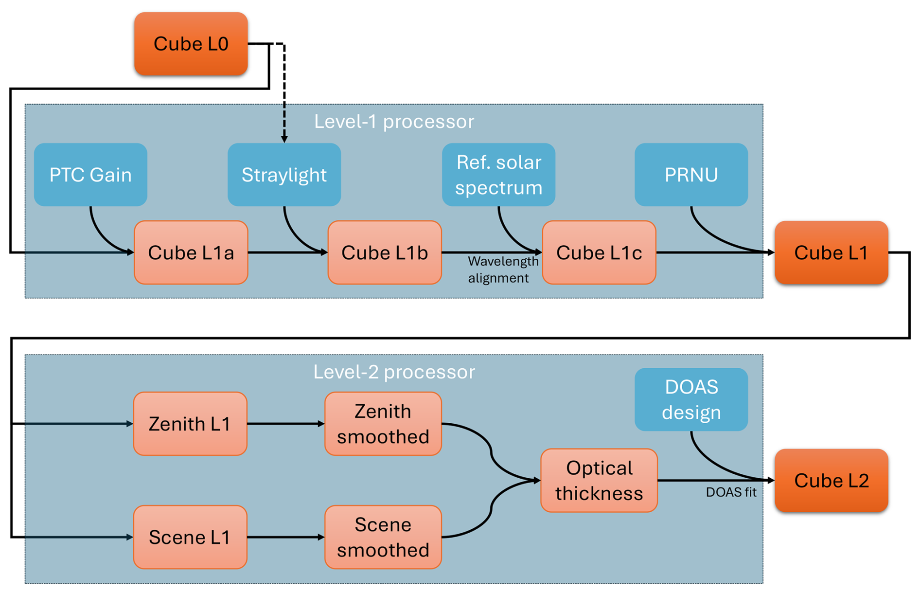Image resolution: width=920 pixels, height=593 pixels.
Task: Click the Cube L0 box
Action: tap(191, 44)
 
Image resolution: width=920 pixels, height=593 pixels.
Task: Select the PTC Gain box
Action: tap(90, 175)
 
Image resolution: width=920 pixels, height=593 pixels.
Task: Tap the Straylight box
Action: tap(284, 175)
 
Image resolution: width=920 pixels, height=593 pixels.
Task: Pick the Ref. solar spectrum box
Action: tap(498, 175)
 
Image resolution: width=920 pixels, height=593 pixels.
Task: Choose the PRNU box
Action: tap(691, 175)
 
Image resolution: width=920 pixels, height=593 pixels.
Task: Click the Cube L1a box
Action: tap(191, 252)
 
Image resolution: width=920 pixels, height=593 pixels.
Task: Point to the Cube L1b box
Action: tap(385, 252)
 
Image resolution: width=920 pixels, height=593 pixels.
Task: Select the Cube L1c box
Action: tap(599, 252)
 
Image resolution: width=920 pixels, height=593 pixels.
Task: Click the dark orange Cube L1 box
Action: tap(831, 252)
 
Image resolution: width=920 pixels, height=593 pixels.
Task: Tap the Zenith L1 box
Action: tap(190, 424)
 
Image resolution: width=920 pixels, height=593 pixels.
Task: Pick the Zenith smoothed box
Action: tap(383, 424)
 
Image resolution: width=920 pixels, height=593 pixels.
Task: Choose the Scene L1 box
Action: tap(190, 537)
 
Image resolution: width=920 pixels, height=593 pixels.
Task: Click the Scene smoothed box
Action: tap(383, 537)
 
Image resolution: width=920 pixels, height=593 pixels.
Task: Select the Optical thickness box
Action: tap(599, 481)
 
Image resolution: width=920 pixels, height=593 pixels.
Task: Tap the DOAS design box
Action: tap(691, 399)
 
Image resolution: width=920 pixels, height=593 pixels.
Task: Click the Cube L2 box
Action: tap(831, 481)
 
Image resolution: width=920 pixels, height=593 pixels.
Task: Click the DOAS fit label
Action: tap(731, 492)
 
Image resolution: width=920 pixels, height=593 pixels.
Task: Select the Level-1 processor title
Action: tap(394, 122)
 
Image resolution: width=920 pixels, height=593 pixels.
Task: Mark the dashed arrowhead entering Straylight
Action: tap(284, 140)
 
